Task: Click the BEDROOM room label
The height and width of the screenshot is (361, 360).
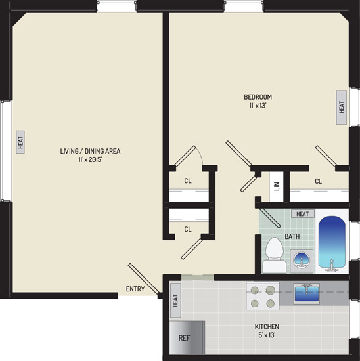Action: [x=258, y=97]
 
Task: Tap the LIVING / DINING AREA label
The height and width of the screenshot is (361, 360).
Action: [x=90, y=151]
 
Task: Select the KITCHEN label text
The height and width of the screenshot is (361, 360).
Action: [x=267, y=326]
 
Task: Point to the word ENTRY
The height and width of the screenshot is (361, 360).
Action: [x=135, y=289]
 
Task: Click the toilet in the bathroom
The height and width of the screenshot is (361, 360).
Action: [x=274, y=255]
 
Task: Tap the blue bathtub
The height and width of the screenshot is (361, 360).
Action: [x=332, y=244]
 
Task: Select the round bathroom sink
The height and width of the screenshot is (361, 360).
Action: [x=302, y=260]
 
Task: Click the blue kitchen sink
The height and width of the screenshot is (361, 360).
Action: [x=307, y=293]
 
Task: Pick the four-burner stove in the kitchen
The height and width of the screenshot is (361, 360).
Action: [x=263, y=296]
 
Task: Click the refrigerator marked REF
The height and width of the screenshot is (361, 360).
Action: [x=187, y=337]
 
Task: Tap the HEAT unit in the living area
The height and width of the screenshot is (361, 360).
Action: [x=20, y=142]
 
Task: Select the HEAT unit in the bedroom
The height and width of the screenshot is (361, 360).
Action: [x=342, y=107]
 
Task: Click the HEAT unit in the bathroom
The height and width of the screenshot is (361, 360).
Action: [x=303, y=214]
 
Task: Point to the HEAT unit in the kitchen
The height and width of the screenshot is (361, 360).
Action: [x=175, y=301]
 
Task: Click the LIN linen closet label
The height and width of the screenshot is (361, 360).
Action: [x=277, y=186]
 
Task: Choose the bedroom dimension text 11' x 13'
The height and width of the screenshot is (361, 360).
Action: [x=258, y=106]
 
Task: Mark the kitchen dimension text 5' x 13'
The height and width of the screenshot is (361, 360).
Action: [x=267, y=335]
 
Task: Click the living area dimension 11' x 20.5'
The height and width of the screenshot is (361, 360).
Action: [x=90, y=159]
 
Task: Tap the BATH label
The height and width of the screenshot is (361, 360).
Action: [x=292, y=236]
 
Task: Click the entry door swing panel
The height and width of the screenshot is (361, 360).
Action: [x=144, y=278]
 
